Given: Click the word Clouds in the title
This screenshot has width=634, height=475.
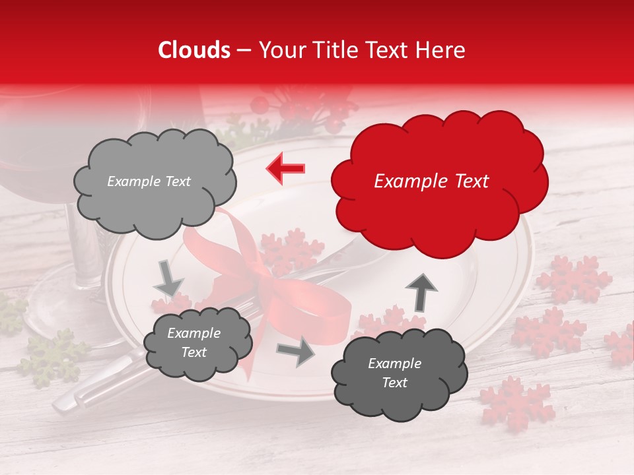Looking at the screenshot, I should pyautogui.click(x=194, y=50).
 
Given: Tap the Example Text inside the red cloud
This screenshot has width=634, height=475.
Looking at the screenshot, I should pyautogui.click(x=431, y=181).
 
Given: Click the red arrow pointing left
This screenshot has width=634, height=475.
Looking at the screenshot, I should pyautogui.click(x=285, y=168).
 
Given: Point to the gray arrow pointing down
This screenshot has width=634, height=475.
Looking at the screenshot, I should pyautogui.click(x=169, y=278).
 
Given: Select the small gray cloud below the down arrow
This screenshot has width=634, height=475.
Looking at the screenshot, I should pyautogui.click(x=197, y=342).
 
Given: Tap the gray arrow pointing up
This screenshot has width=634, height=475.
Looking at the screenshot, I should pyautogui.click(x=421, y=291).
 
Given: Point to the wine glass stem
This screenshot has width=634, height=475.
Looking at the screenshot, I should pyautogui.click(x=83, y=244).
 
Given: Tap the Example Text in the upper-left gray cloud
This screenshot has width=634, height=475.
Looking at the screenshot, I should pyautogui.click(x=149, y=181).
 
